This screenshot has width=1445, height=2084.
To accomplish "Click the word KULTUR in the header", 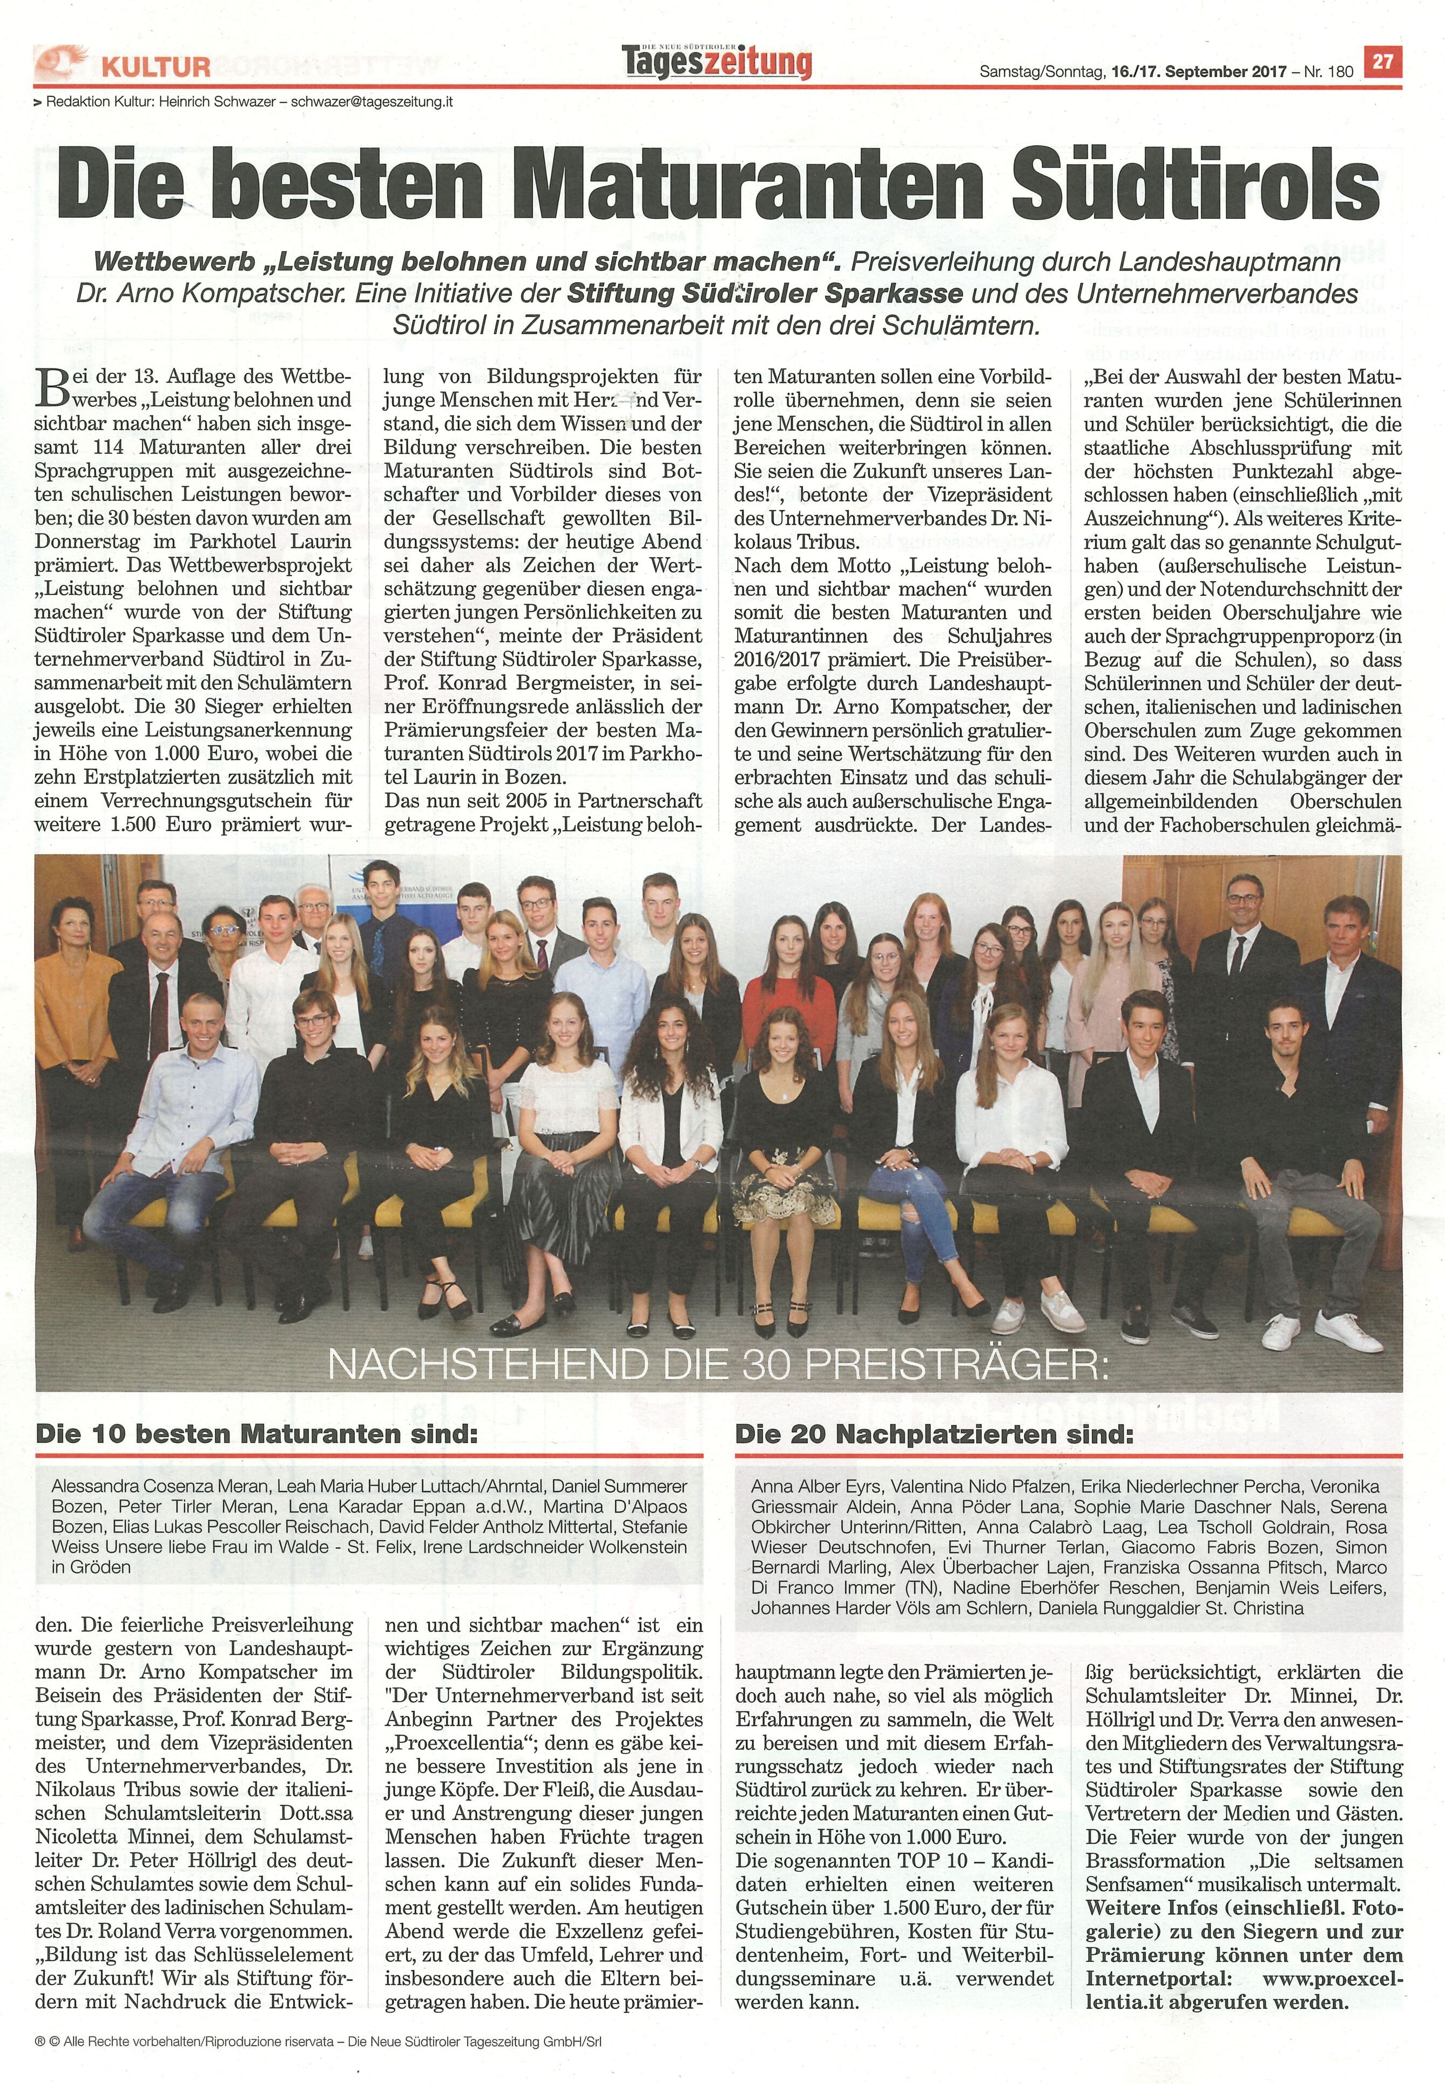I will pos(156,66).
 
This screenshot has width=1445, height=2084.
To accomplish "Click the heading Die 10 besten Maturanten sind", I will pos(255,1435).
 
